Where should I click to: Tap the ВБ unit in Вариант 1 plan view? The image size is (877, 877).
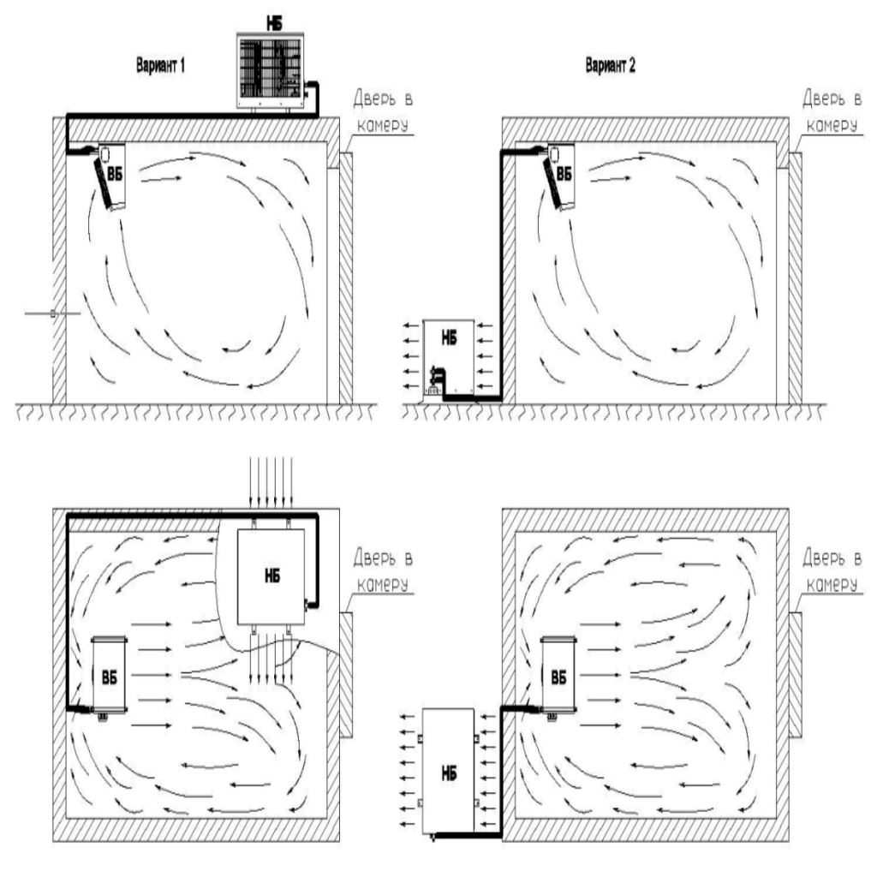pos(109,672)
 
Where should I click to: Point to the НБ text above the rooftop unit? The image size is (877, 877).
pos(270,18)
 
